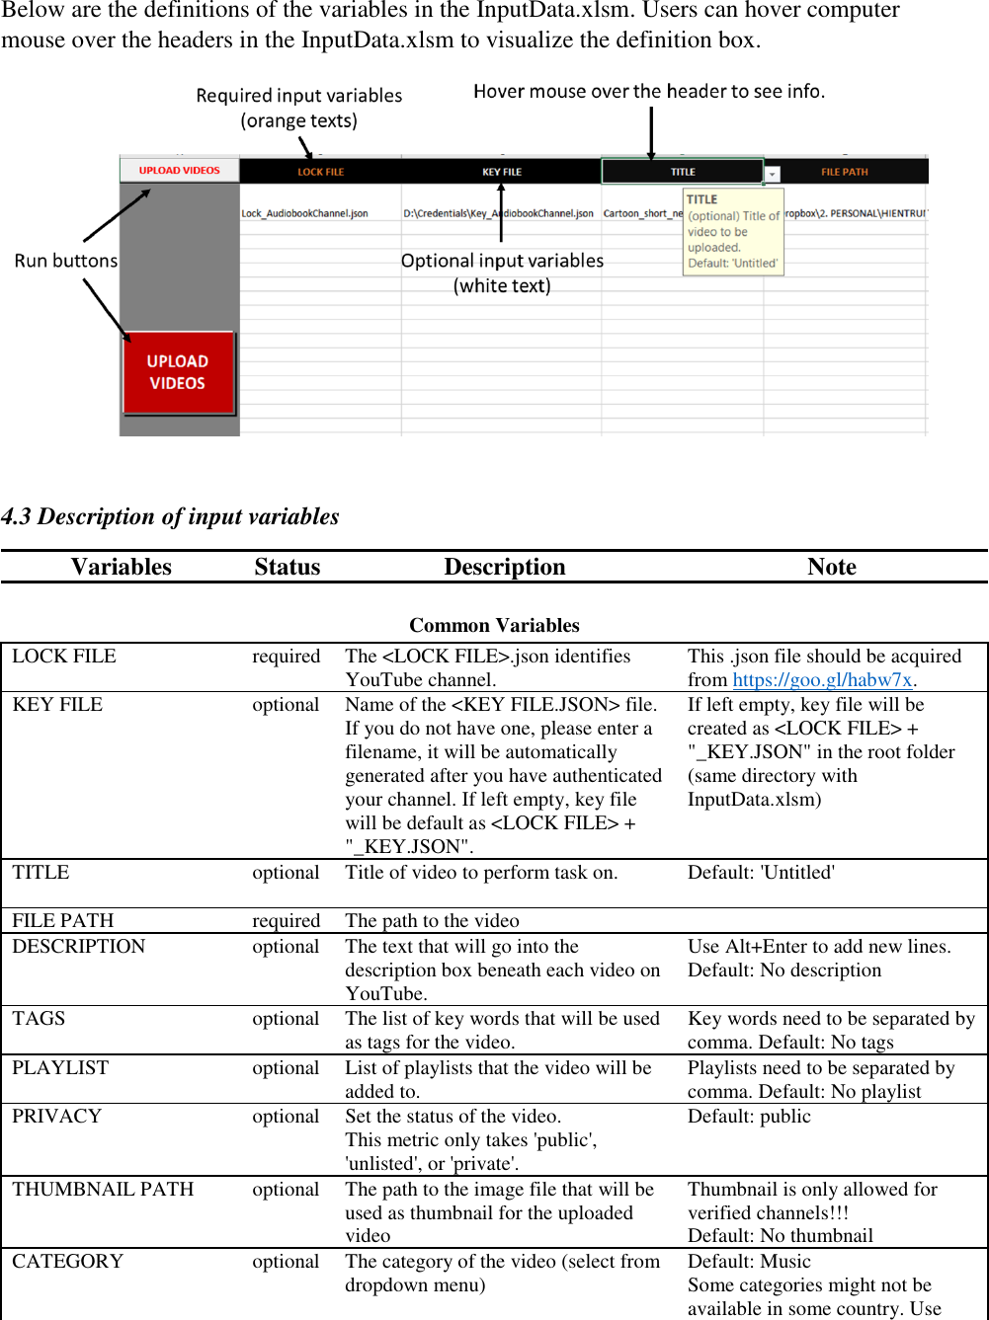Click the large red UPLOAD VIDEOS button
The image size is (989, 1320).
(x=178, y=372)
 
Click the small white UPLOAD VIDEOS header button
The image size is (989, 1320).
(x=179, y=170)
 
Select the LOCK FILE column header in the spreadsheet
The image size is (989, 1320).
(x=320, y=172)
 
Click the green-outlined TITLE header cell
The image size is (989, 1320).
(x=682, y=172)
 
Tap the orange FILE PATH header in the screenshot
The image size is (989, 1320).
(x=844, y=172)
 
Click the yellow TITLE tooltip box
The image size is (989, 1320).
(x=733, y=232)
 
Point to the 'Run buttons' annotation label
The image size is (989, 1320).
(x=65, y=261)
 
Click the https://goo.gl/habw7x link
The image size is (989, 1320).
(x=822, y=679)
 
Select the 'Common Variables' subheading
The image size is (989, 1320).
(x=494, y=625)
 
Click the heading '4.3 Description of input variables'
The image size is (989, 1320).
(x=170, y=516)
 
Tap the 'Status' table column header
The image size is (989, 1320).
(x=287, y=567)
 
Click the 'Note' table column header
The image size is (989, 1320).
(x=831, y=567)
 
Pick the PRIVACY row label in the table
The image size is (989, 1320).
(x=57, y=1116)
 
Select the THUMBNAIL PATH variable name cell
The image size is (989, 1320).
(x=103, y=1189)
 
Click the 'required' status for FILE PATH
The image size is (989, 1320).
(x=286, y=920)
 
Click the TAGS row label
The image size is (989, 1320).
(x=39, y=1018)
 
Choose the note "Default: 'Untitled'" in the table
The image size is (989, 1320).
(x=761, y=872)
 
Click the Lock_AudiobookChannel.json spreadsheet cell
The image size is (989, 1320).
(x=304, y=213)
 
